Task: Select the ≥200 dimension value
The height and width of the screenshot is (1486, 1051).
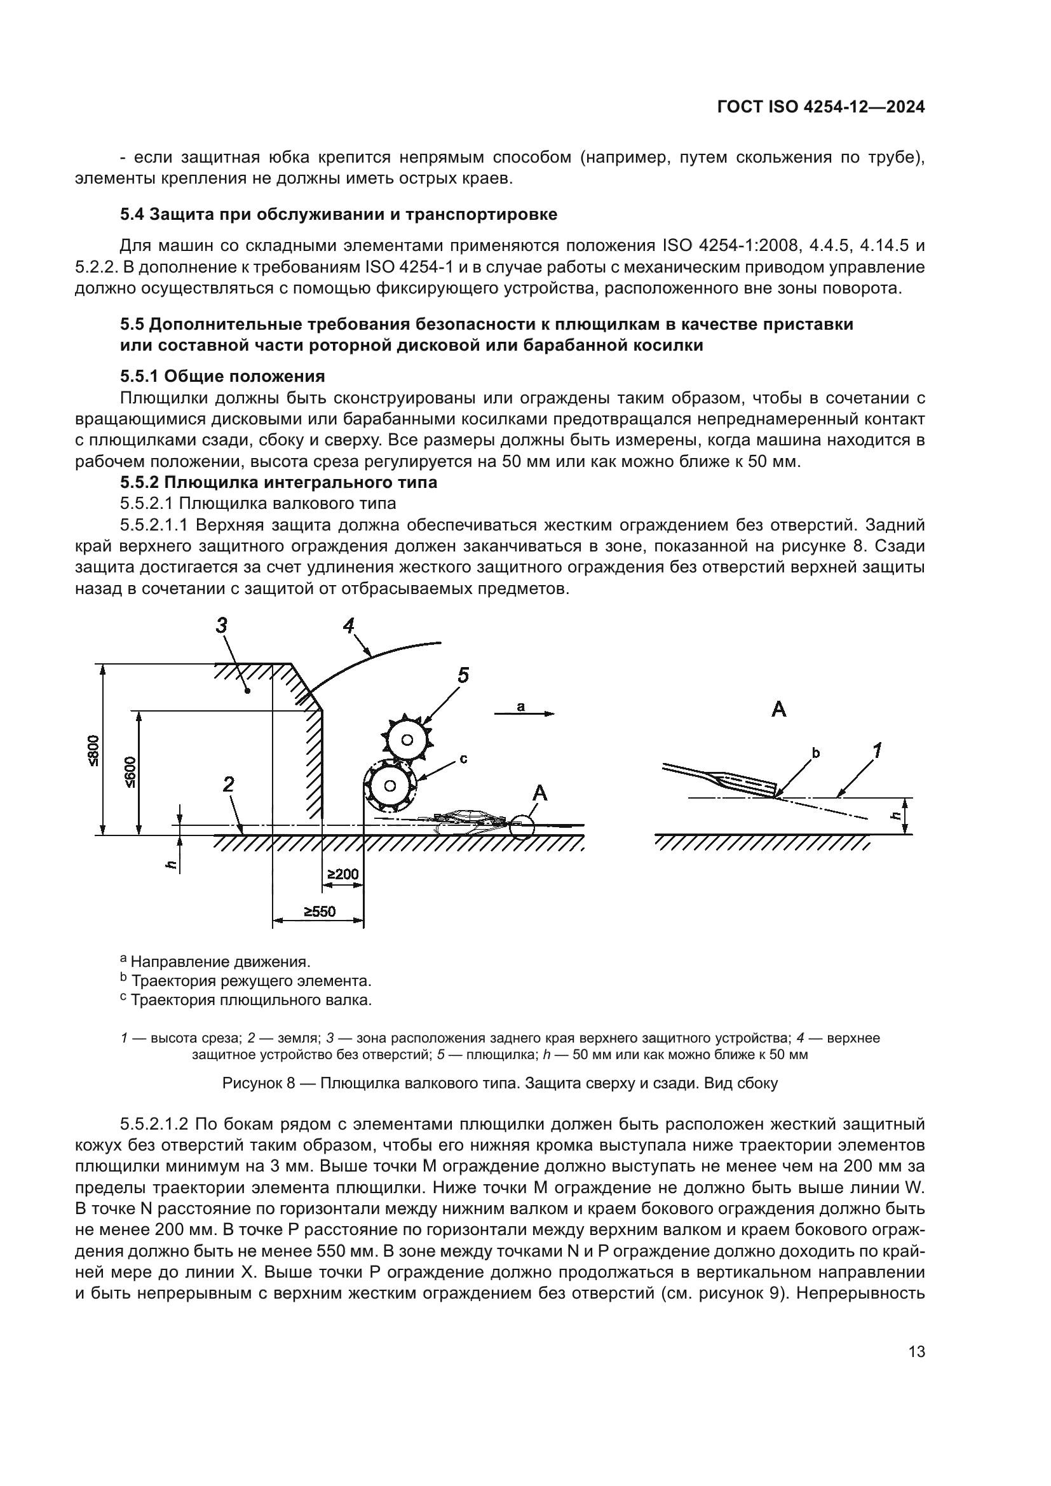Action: click(x=342, y=875)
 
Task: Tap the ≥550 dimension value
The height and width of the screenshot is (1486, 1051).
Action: click(x=320, y=911)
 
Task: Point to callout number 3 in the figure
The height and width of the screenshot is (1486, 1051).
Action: click(x=222, y=625)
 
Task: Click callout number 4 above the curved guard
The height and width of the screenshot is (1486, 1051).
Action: click(x=349, y=626)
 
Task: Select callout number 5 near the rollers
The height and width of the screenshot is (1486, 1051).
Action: click(x=463, y=675)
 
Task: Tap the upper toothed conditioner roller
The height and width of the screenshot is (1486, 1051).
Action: click(x=407, y=739)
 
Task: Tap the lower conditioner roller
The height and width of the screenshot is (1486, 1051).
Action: click(x=390, y=785)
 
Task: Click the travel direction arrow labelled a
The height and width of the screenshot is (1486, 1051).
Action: click(x=524, y=713)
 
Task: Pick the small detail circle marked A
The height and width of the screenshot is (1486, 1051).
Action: click(x=521, y=827)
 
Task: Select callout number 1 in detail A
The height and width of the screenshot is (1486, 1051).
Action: click(x=878, y=751)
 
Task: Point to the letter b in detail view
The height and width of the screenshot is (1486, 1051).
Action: click(x=815, y=753)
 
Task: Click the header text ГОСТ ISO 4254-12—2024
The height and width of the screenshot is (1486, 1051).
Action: click(x=820, y=107)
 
